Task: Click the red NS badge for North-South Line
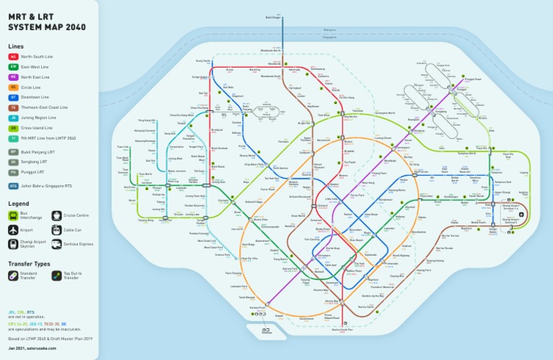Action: (x=13, y=56)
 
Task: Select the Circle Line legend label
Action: (x=35, y=86)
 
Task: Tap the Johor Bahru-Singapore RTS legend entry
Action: (x=43, y=186)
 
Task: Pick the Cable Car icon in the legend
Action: (x=55, y=230)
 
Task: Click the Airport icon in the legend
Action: (x=13, y=230)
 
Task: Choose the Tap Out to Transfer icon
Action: (x=56, y=275)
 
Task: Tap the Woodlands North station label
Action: (x=271, y=50)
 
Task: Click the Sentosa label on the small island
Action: (x=267, y=333)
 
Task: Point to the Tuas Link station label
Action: (x=123, y=147)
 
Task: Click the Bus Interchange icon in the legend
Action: (x=13, y=216)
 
